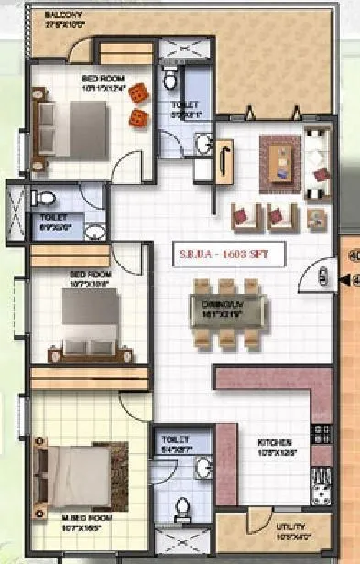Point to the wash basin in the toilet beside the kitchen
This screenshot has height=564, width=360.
coord(195,466)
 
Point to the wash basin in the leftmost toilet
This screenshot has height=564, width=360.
coord(93,230)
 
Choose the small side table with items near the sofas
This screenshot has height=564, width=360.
coord(315,218)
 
